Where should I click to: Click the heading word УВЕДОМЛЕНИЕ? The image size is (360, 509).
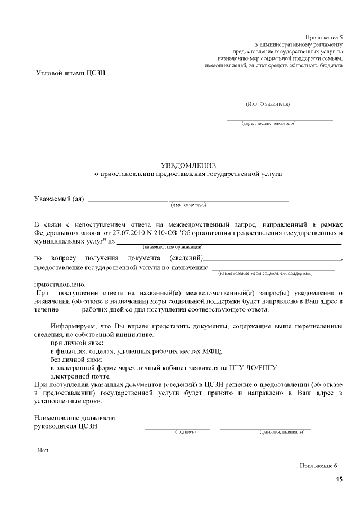point(188,165)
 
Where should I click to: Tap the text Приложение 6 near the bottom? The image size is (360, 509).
point(319,466)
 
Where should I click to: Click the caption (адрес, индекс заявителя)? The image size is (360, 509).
point(268,123)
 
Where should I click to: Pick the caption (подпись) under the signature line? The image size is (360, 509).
point(186,432)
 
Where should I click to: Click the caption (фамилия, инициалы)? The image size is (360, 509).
point(282,432)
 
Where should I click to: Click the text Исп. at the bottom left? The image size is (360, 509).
point(44,452)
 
